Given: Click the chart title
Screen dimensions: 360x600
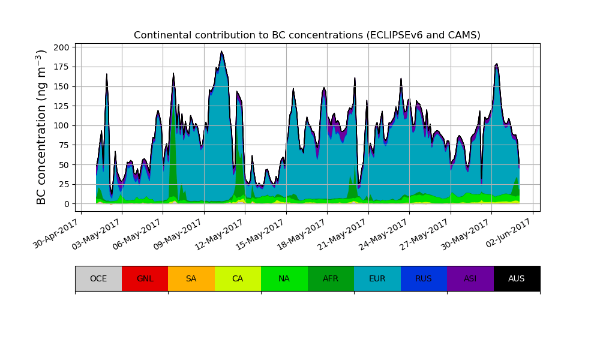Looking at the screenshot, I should point(307,35).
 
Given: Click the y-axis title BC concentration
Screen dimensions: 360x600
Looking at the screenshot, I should point(41,127).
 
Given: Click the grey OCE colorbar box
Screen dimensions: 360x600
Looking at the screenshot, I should point(98,278).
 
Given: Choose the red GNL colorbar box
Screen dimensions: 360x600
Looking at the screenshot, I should point(145,278).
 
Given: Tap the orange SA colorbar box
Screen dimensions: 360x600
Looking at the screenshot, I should point(191,278).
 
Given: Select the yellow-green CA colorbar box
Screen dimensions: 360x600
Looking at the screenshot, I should point(238,278).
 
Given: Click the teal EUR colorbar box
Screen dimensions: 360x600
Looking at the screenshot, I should point(377,278).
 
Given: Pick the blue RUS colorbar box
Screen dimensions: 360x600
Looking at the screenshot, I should point(424,278).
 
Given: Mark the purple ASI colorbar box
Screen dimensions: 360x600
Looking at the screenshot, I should point(470,278).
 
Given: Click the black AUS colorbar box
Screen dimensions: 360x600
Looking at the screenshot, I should point(517,278).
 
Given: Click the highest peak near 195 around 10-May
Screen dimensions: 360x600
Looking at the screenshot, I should point(221,52).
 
